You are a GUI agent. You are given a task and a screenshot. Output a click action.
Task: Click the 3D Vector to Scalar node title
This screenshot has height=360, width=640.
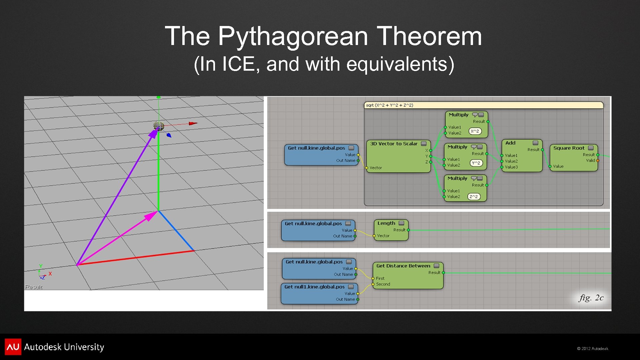393,144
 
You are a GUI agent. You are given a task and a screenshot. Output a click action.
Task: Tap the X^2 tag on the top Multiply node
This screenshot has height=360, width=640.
475,131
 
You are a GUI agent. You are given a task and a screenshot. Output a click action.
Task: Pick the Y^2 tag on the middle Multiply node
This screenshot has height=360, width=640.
476,163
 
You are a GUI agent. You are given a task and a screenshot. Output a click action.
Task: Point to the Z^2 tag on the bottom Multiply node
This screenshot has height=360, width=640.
474,197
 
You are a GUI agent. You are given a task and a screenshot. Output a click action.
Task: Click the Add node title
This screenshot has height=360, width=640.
510,143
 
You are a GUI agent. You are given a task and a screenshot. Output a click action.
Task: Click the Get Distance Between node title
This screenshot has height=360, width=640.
403,266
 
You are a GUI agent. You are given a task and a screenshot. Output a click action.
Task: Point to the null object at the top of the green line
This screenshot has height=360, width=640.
159,126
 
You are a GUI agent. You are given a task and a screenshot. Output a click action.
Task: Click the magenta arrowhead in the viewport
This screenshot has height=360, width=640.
150,216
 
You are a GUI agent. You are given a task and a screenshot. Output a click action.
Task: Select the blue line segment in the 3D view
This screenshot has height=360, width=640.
176,231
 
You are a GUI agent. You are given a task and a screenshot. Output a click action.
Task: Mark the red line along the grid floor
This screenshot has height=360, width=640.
135,258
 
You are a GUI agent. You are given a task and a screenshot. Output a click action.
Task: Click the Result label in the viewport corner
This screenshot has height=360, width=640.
34,287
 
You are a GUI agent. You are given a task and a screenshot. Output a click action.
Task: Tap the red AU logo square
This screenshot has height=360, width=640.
13,347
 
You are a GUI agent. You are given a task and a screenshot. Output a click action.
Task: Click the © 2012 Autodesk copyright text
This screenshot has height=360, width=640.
592,349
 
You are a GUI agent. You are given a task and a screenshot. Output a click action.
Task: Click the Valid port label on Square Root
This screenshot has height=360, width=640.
590,161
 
